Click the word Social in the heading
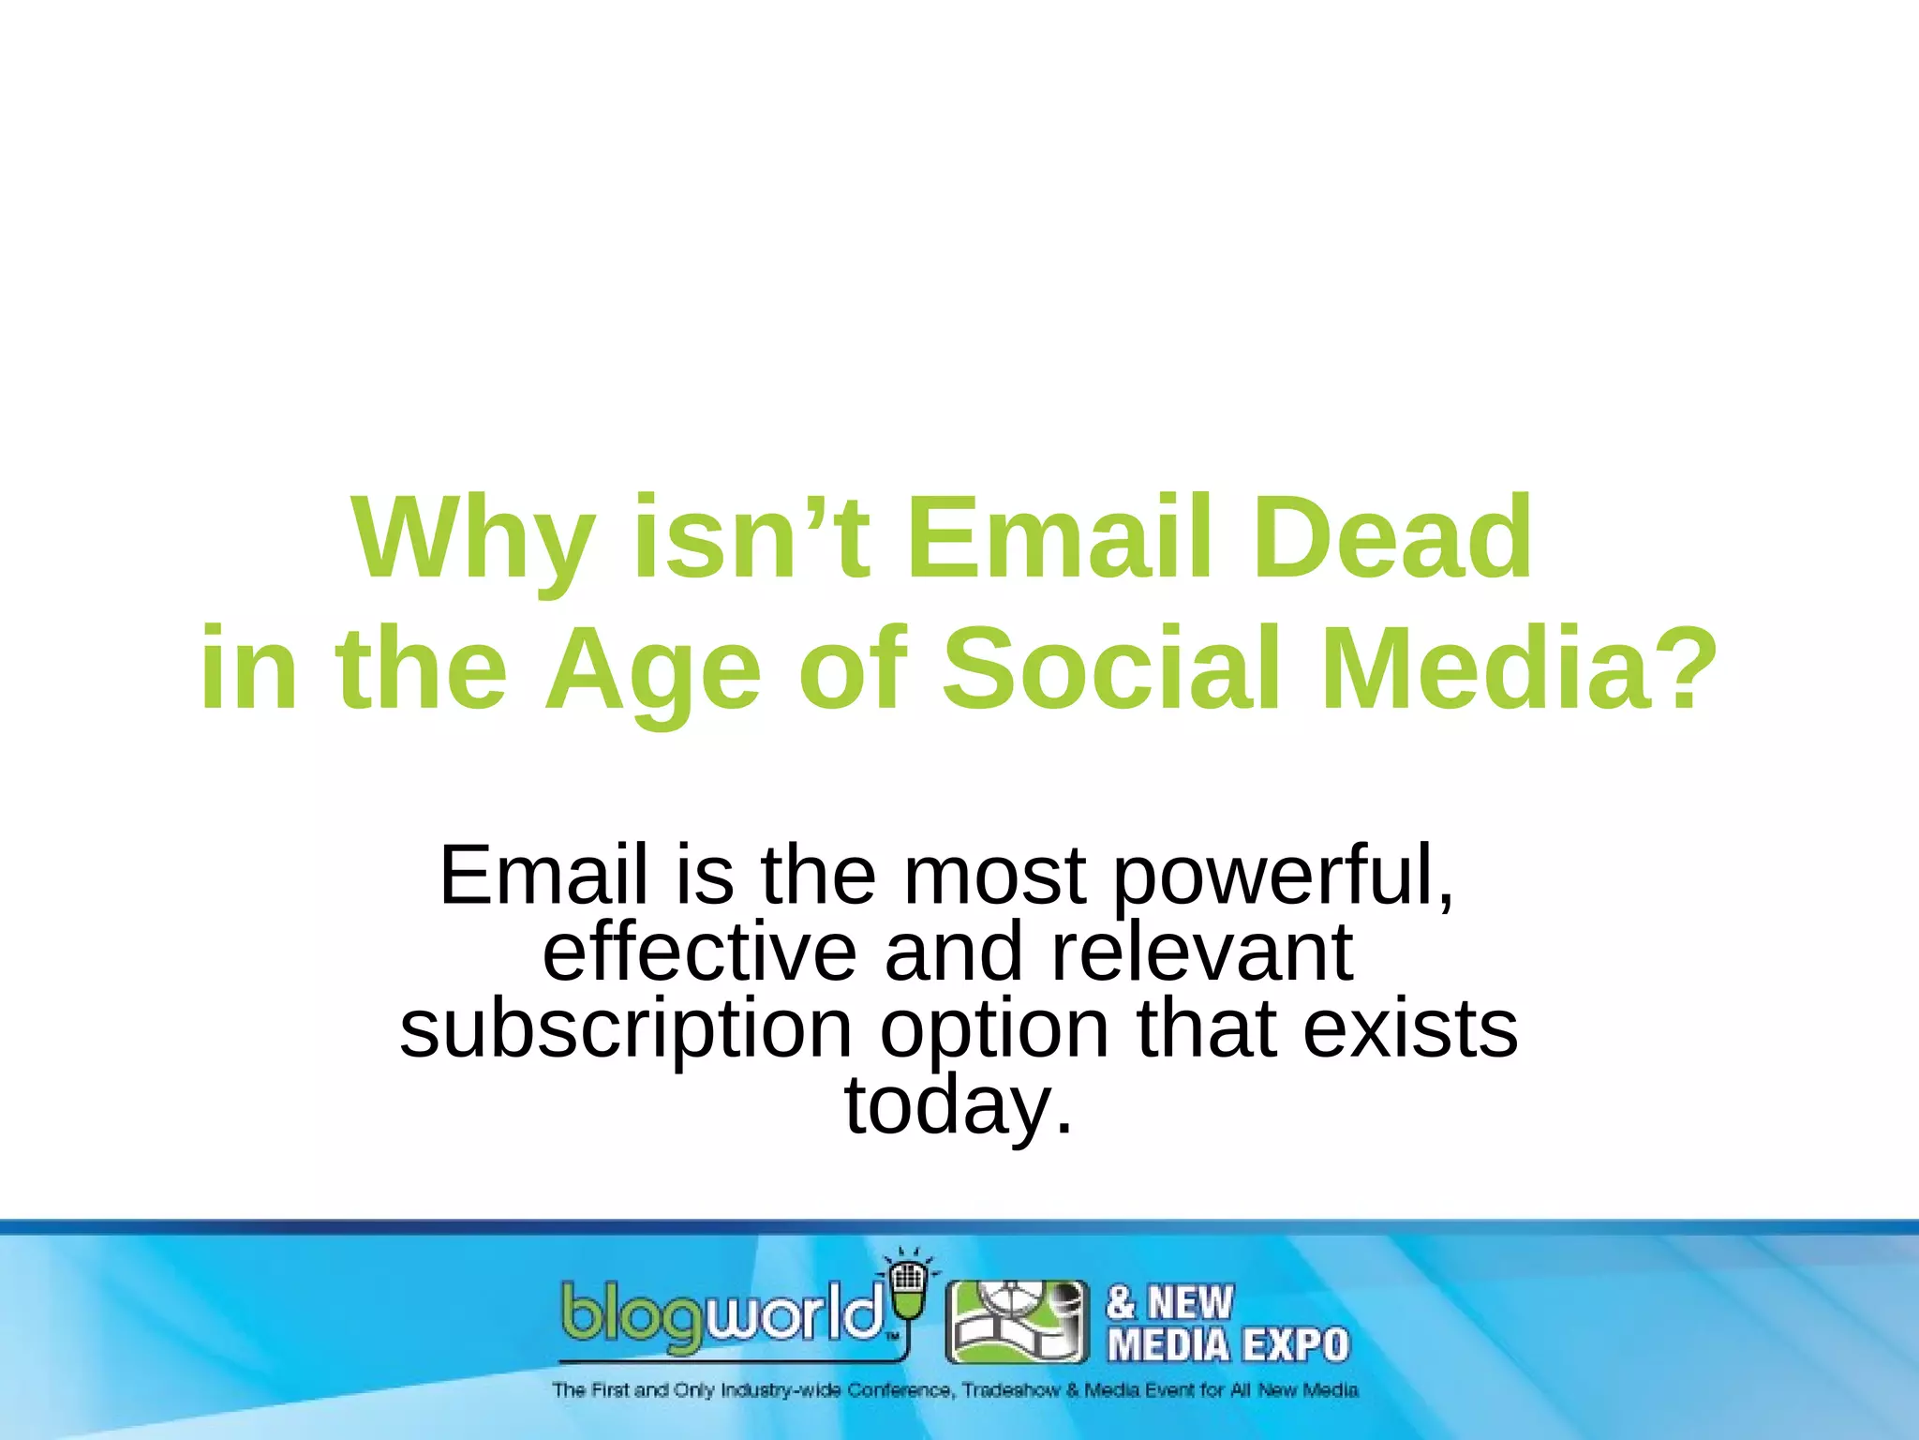[x=1110, y=669]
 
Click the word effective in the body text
[x=699, y=952]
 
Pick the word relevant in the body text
[x=1202, y=952]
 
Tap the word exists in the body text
[x=1410, y=1028]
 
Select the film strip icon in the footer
[x=1018, y=1322]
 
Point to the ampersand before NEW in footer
[x=1122, y=1303]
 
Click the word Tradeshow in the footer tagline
[x=1011, y=1390]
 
